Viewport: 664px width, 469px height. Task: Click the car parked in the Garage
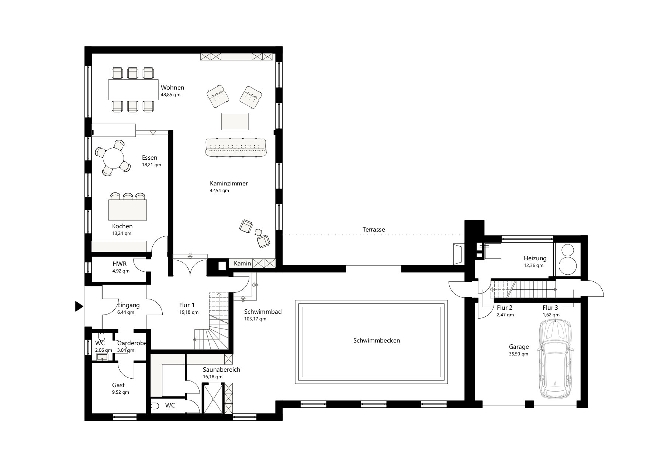555,359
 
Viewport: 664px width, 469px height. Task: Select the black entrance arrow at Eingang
79,306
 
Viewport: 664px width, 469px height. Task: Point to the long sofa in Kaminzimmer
236,147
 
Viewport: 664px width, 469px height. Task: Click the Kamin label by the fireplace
242,263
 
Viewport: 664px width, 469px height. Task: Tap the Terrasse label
374,229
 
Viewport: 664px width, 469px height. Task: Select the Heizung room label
535,258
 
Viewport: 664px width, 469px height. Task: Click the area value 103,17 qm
255,319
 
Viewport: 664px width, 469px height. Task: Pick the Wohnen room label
172,88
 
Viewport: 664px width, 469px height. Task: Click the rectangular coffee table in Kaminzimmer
235,121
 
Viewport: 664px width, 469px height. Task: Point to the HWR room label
120,264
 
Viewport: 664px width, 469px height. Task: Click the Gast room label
118,385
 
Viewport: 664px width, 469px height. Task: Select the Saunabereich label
221,369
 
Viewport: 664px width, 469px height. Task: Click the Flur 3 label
550,308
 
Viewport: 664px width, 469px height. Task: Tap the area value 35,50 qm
518,354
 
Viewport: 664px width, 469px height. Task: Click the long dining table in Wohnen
133,89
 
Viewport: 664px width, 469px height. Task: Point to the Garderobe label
132,343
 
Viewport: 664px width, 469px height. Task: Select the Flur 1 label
187,305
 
